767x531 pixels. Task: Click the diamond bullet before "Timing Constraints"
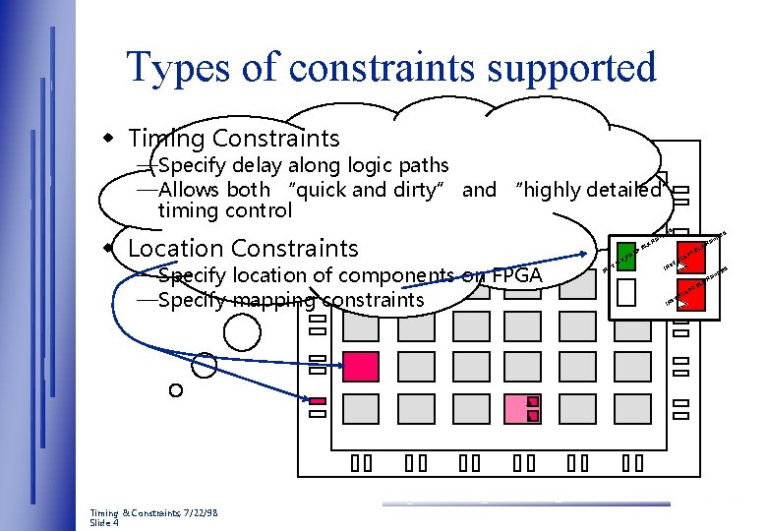112,136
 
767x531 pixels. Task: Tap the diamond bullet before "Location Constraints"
112,246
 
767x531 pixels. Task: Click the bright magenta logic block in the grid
361,366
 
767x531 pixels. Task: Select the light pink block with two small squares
521,407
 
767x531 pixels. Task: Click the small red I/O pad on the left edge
318,401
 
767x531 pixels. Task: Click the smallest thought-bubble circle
175,390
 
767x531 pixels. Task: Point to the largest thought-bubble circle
242,332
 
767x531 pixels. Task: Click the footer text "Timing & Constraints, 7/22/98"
154,513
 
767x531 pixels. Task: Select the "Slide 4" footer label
104,523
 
